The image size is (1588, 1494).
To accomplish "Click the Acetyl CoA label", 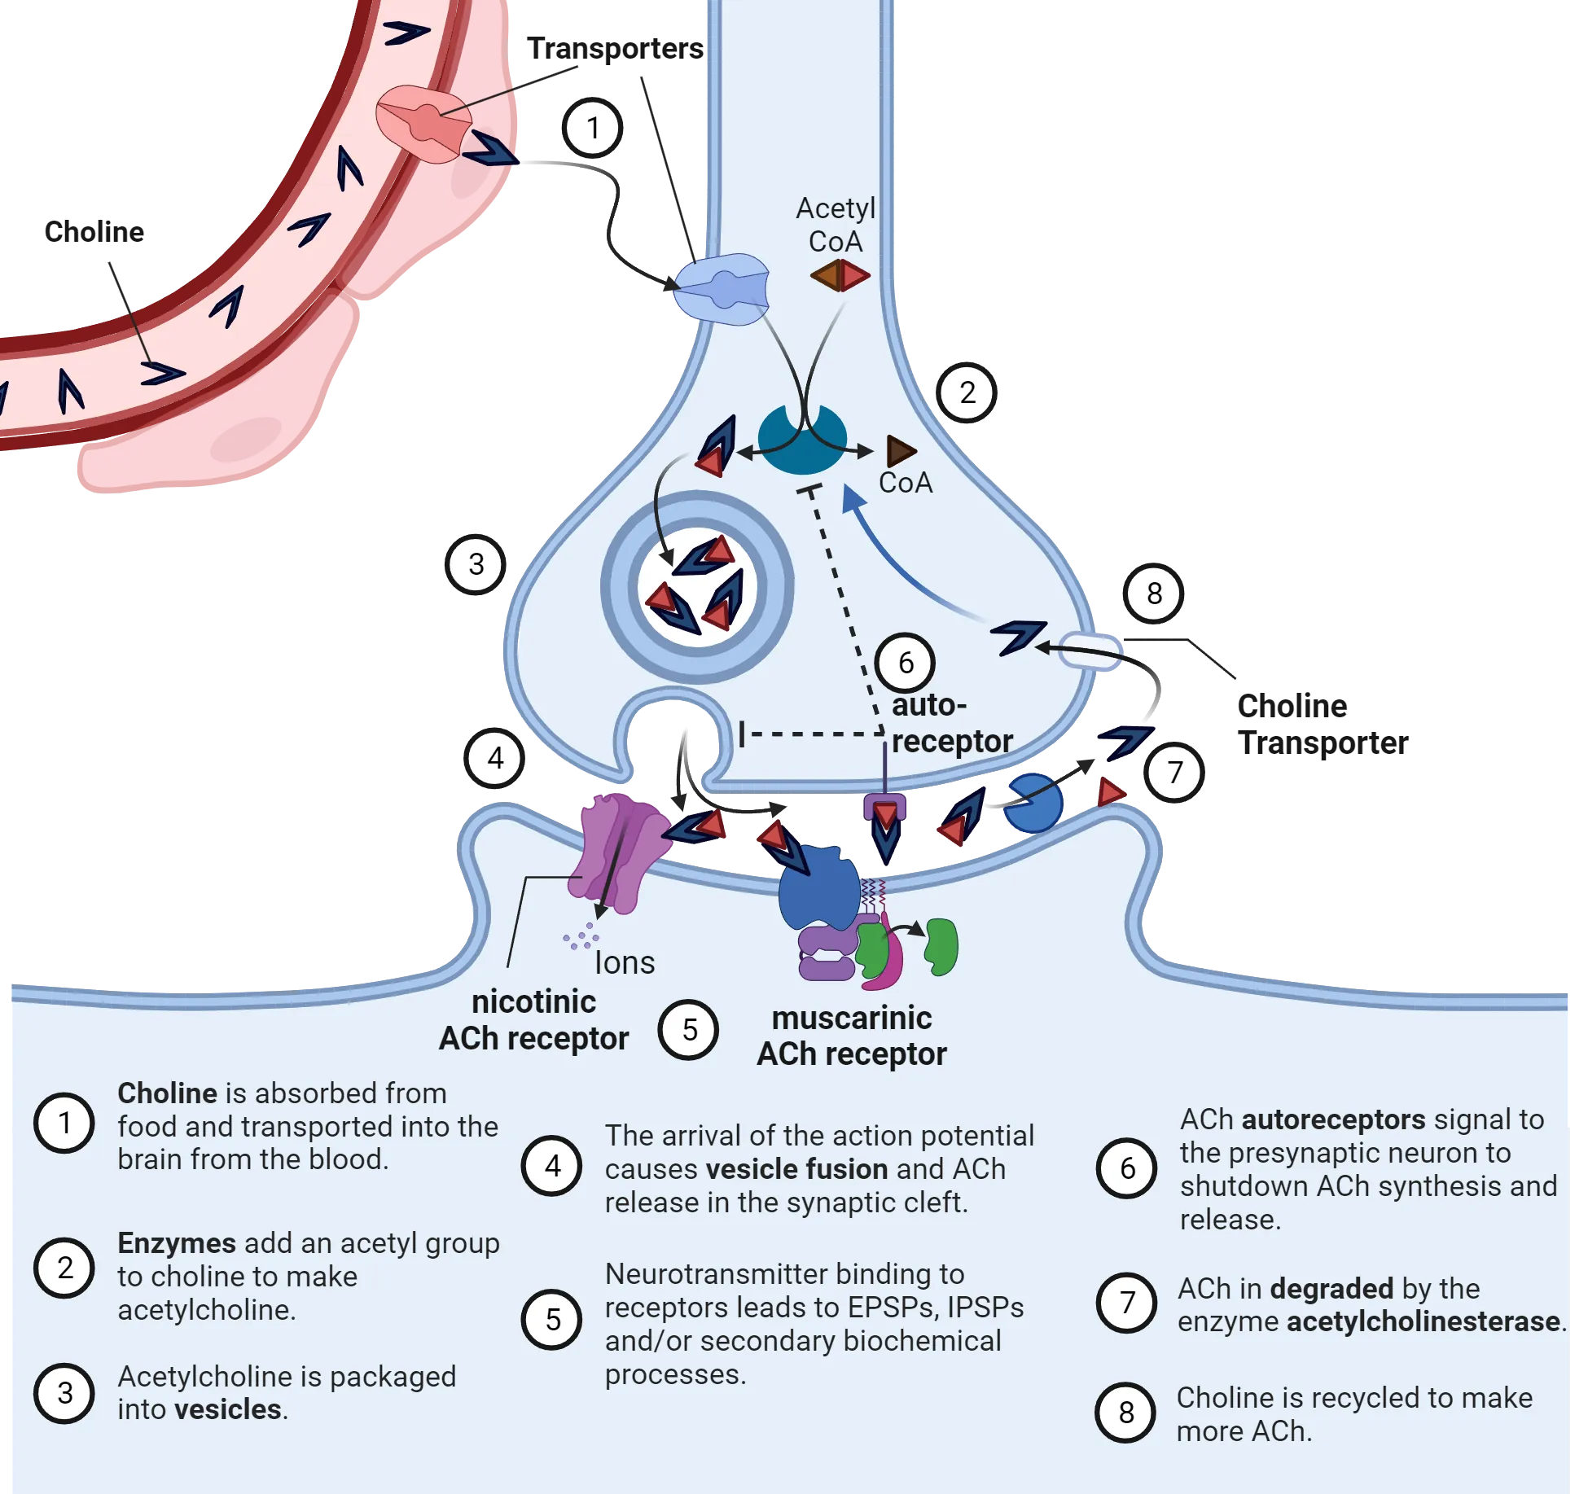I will [x=836, y=225].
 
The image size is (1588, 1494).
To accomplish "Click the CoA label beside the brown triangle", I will [x=905, y=483].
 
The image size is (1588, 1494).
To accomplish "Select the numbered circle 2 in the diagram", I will [x=967, y=392].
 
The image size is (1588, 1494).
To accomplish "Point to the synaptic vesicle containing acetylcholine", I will [x=697, y=586].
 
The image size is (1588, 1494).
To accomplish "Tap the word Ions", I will [x=625, y=962].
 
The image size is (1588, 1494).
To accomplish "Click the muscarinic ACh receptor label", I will [x=852, y=1036].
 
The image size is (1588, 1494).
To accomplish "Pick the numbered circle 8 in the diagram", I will [x=1153, y=594].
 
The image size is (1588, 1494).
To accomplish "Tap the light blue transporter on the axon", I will [x=721, y=289].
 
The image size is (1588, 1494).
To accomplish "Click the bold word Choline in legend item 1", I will [x=167, y=1093].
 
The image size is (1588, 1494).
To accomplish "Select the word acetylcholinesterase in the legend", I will [x=1423, y=1321].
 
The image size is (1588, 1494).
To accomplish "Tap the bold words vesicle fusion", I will [x=796, y=1169].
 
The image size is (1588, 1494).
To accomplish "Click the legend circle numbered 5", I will [x=552, y=1319].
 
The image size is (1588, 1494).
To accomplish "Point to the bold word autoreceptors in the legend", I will [x=1333, y=1119].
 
